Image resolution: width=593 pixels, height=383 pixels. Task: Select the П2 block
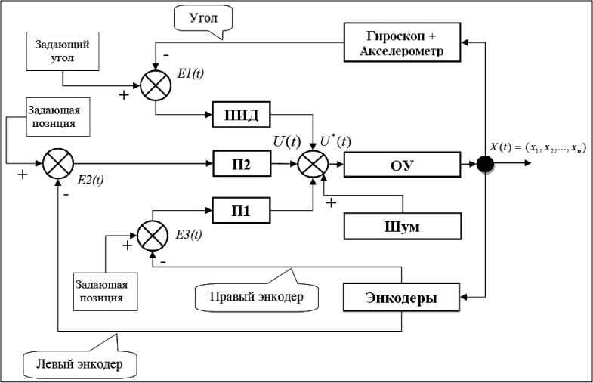[x=241, y=163]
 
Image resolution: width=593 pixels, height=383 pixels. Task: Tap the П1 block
[x=241, y=212]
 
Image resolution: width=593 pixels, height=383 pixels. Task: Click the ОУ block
[x=402, y=163]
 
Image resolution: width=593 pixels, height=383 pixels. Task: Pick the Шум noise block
[x=402, y=225]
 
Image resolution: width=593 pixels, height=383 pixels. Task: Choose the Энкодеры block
[x=402, y=298]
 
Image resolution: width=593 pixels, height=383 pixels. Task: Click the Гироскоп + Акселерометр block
[x=402, y=42]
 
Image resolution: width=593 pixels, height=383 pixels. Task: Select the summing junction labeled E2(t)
[x=57, y=163]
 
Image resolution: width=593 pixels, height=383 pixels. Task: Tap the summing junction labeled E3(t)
[x=153, y=234]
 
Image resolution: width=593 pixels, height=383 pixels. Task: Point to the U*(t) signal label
[x=336, y=142]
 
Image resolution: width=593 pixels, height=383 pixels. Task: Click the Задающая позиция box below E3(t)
[x=107, y=291]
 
